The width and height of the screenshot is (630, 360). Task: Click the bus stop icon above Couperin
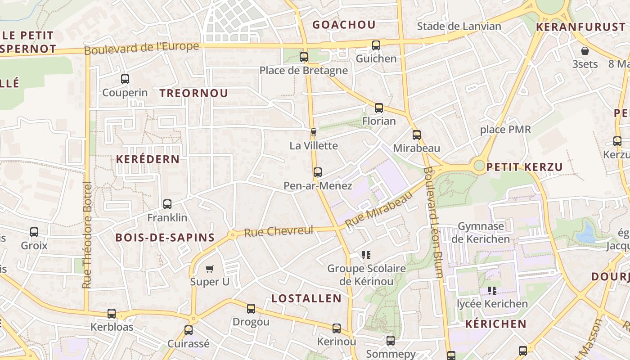[x=125, y=79]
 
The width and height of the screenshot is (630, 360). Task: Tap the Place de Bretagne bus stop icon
[x=304, y=57]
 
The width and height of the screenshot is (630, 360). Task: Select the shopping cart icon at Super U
[x=209, y=269]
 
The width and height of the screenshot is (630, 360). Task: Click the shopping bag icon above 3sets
[x=585, y=51]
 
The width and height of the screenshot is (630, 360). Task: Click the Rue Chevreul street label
[x=279, y=231]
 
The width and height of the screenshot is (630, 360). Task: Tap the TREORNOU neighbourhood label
[x=194, y=93]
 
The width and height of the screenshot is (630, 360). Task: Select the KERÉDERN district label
[x=148, y=159]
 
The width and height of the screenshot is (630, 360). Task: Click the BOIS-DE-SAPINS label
[x=165, y=238]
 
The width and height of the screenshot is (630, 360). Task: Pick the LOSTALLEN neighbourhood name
[x=306, y=298]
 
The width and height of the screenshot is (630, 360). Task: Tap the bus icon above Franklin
[x=167, y=204]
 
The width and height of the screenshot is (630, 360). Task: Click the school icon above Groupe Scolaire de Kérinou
[x=366, y=255]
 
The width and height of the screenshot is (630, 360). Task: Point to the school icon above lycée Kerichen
[x=492, y=291]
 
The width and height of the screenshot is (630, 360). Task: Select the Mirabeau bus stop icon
[x=417, y=135]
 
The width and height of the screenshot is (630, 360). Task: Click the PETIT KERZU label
[x=525, y=167]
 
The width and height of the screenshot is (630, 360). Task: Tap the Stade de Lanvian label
[x=459, y=26]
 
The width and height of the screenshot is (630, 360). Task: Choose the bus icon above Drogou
[x=251, y=309]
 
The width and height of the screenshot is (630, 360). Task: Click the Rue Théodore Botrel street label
[x=87, y=235]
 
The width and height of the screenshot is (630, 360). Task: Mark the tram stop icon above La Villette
[x=314, y=132]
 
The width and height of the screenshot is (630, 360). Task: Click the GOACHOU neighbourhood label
[x=344, y=25]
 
